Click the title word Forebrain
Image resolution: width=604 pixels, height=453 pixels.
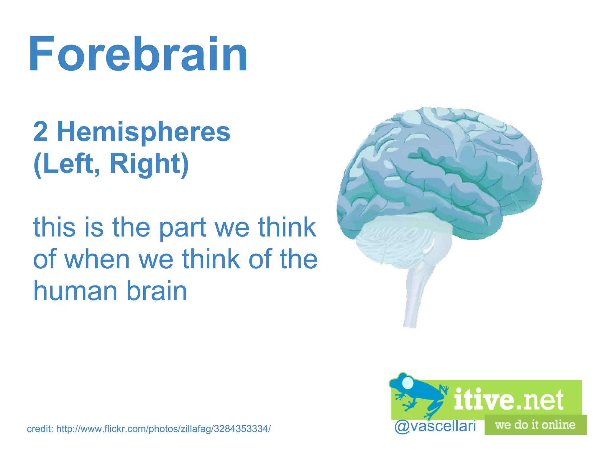138,54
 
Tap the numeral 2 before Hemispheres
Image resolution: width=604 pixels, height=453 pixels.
40,132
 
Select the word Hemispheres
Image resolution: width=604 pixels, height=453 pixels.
144,132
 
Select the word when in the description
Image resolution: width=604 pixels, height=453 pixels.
97,259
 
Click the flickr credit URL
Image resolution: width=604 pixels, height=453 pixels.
163,429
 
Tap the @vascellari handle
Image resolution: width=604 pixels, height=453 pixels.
435,426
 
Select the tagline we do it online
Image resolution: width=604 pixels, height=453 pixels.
535,425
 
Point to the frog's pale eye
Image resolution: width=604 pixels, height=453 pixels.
408,383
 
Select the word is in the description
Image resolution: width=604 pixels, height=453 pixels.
94,228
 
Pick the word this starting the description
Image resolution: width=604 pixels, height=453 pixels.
55,228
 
